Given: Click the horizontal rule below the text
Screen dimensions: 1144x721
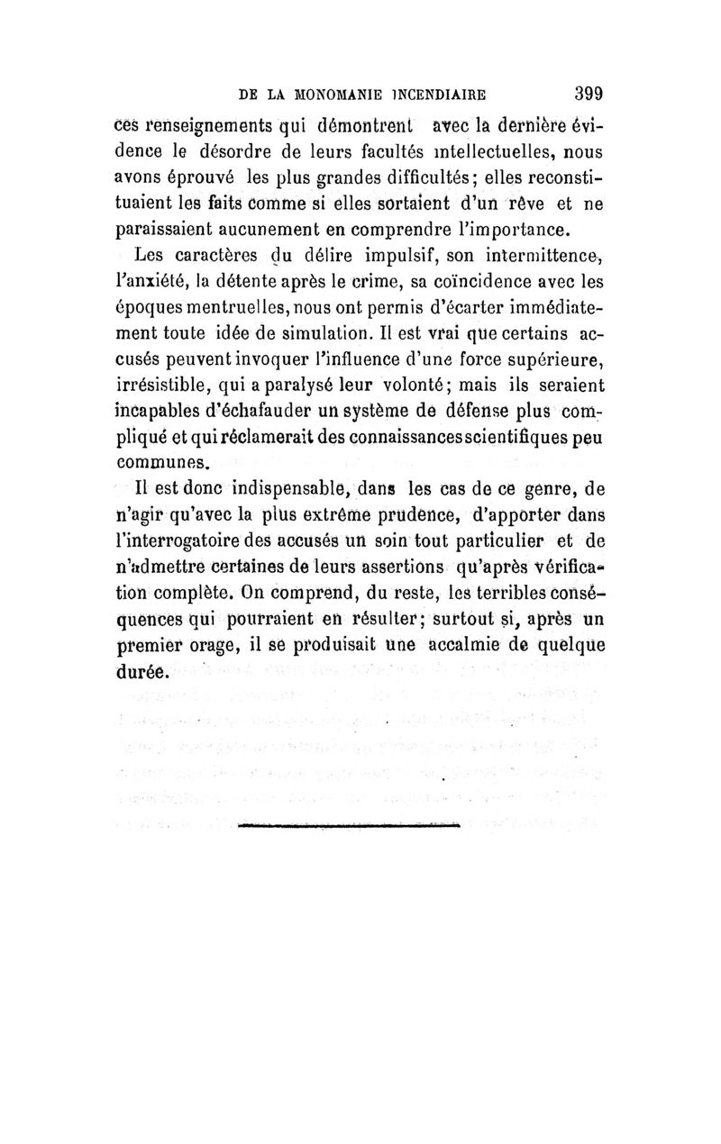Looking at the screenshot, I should [x=351, y=822].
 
